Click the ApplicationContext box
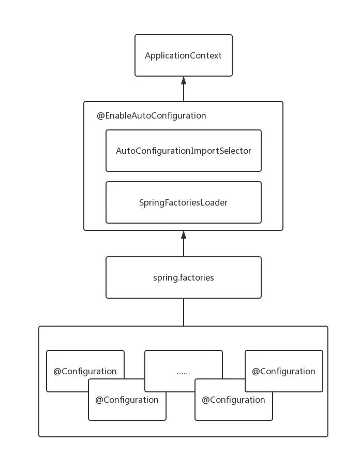(184, 55)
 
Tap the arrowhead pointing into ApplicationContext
(184, 80)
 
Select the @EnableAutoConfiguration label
(152, 115)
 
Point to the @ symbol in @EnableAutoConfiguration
(100, 115)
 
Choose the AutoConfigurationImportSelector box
(184, 151)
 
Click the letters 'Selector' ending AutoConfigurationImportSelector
(236, 151)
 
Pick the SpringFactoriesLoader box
(184, 202)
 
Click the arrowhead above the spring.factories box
(184, 235)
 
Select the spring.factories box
(184, 277)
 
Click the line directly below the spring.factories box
(184, 312)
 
